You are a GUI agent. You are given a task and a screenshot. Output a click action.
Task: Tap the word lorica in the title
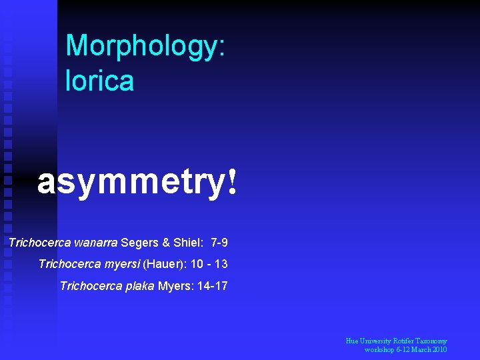(99, 81)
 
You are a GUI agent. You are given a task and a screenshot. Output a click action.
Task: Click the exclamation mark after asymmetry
(231, 181)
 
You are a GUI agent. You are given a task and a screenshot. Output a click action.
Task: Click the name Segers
(138, 241)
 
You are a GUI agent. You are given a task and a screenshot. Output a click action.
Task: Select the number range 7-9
(219, 241)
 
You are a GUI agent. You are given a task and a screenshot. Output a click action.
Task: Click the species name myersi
(122, 264)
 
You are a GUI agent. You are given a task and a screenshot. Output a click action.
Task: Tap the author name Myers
(172, 287)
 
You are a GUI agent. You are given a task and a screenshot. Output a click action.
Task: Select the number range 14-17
(212, 287)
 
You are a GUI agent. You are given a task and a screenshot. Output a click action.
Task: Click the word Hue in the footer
(352, 341)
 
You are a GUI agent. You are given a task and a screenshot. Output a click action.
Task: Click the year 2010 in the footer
(438, 350)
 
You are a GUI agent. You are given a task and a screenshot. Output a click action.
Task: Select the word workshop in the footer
(380, 350)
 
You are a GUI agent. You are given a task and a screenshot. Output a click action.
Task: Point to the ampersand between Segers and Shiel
(163, 241)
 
